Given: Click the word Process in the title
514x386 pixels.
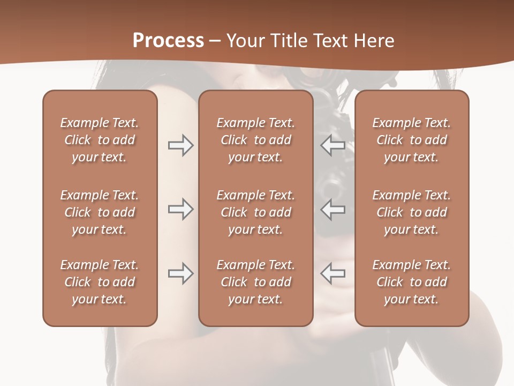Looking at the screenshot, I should pyautogui.click(x=168, y=41).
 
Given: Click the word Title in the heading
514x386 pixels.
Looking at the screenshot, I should pyautogui.click(x=289, y=41).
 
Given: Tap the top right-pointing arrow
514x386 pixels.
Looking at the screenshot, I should pyautogui.click(x=180, y=145).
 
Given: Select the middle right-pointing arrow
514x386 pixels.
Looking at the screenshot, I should pyautogui.click(x=180, y=209).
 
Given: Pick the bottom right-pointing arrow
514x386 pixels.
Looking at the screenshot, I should pyautogui.click(x=180, y=273).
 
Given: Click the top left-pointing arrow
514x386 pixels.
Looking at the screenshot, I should pyautogui.click(x=333, y=145).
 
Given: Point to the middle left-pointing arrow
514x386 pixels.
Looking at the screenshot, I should pyautogui.click(x=333, y=209).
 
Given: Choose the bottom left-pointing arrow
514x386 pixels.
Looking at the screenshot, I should pyautogui.click(x=333, y=273).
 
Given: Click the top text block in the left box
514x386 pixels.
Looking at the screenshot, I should pyautogui.click(x=100, y=140).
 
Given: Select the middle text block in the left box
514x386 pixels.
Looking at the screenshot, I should pyautogui.click(x=100, y=212).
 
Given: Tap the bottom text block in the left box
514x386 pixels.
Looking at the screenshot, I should pyautogui.click(x=100, y=282).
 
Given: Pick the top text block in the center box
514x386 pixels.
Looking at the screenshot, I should pyautogui.click(x=255, y=140).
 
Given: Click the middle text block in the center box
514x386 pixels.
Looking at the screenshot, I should pyautogui.click(x=255, y=212).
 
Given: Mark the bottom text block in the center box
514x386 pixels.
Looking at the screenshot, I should pyautogui.click(x=255, y=282).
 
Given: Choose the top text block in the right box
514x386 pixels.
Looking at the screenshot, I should pyautogui.click(x=411, y=140).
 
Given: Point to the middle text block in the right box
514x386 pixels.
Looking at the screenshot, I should pyautogui.click(x=411, y=212).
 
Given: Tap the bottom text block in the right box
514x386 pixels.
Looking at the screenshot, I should pyautogui.click(x=411, y=282).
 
